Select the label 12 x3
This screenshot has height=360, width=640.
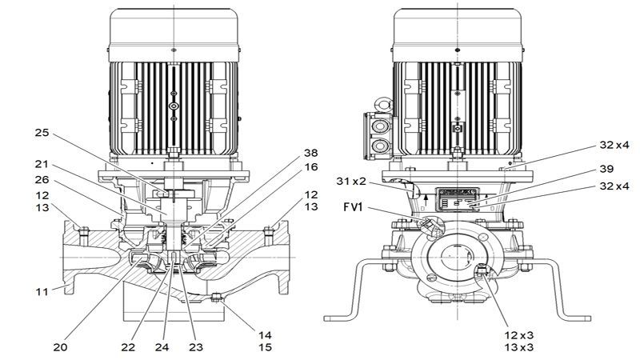click(x=519, y=334)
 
